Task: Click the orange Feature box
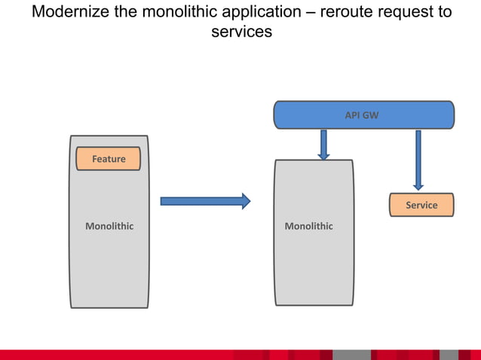tap(109, 159)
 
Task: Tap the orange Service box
tap(421, 205)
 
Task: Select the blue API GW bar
tap(363, 115)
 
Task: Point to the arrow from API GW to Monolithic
tap(323, 145)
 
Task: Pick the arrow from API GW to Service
tap(418, 160)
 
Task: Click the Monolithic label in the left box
tap(109, 226)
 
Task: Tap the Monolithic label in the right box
tap(308, 226)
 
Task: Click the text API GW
tap(362, 116)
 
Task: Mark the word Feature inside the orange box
tap(109, 159)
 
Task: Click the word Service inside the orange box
tap(421, 205)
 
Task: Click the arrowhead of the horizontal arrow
tap(246, 200)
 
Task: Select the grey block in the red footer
tap(351, 355)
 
